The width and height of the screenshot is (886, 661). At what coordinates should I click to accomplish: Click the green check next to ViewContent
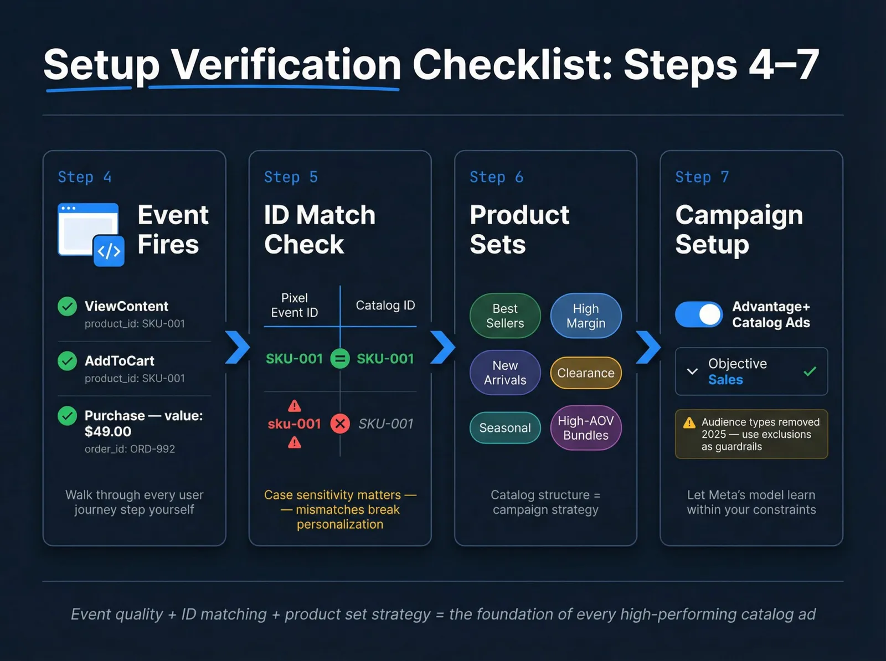coord(68,306)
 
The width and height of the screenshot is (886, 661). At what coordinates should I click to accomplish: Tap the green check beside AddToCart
coord(68,361)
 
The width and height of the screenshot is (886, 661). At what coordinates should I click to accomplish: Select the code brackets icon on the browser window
coord(109,251)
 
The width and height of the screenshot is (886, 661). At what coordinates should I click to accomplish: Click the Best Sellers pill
coord(505,316)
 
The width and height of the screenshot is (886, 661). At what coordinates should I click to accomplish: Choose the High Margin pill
coord(586,316)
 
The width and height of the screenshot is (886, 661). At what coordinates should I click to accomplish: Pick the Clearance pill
coord(586,373)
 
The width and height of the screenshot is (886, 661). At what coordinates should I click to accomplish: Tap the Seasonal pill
coord(505,427)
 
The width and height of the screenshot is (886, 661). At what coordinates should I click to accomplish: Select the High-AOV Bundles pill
coord(586,428)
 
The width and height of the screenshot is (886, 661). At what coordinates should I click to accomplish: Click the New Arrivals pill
coord(505,373)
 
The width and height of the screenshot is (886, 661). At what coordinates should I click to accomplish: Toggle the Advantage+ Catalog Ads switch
coord(699,314)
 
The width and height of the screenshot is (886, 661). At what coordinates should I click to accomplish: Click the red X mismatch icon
coord(340,424)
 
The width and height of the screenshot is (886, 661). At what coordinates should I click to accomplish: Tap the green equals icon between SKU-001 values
coord(340,359)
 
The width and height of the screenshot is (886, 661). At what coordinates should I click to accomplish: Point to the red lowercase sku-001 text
coord(294,424)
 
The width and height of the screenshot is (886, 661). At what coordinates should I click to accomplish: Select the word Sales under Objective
coord(725,380)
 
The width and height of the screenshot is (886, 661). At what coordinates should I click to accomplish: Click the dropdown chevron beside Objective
coord(692,371)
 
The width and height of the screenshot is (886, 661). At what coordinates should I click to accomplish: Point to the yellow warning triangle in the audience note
coord(689,422)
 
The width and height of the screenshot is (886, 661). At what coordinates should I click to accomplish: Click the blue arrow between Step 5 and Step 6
coord(443,347)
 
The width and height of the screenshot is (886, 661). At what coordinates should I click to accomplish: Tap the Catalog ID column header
coord(385,306)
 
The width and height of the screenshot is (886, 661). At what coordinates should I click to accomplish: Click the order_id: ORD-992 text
coord(130,449)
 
